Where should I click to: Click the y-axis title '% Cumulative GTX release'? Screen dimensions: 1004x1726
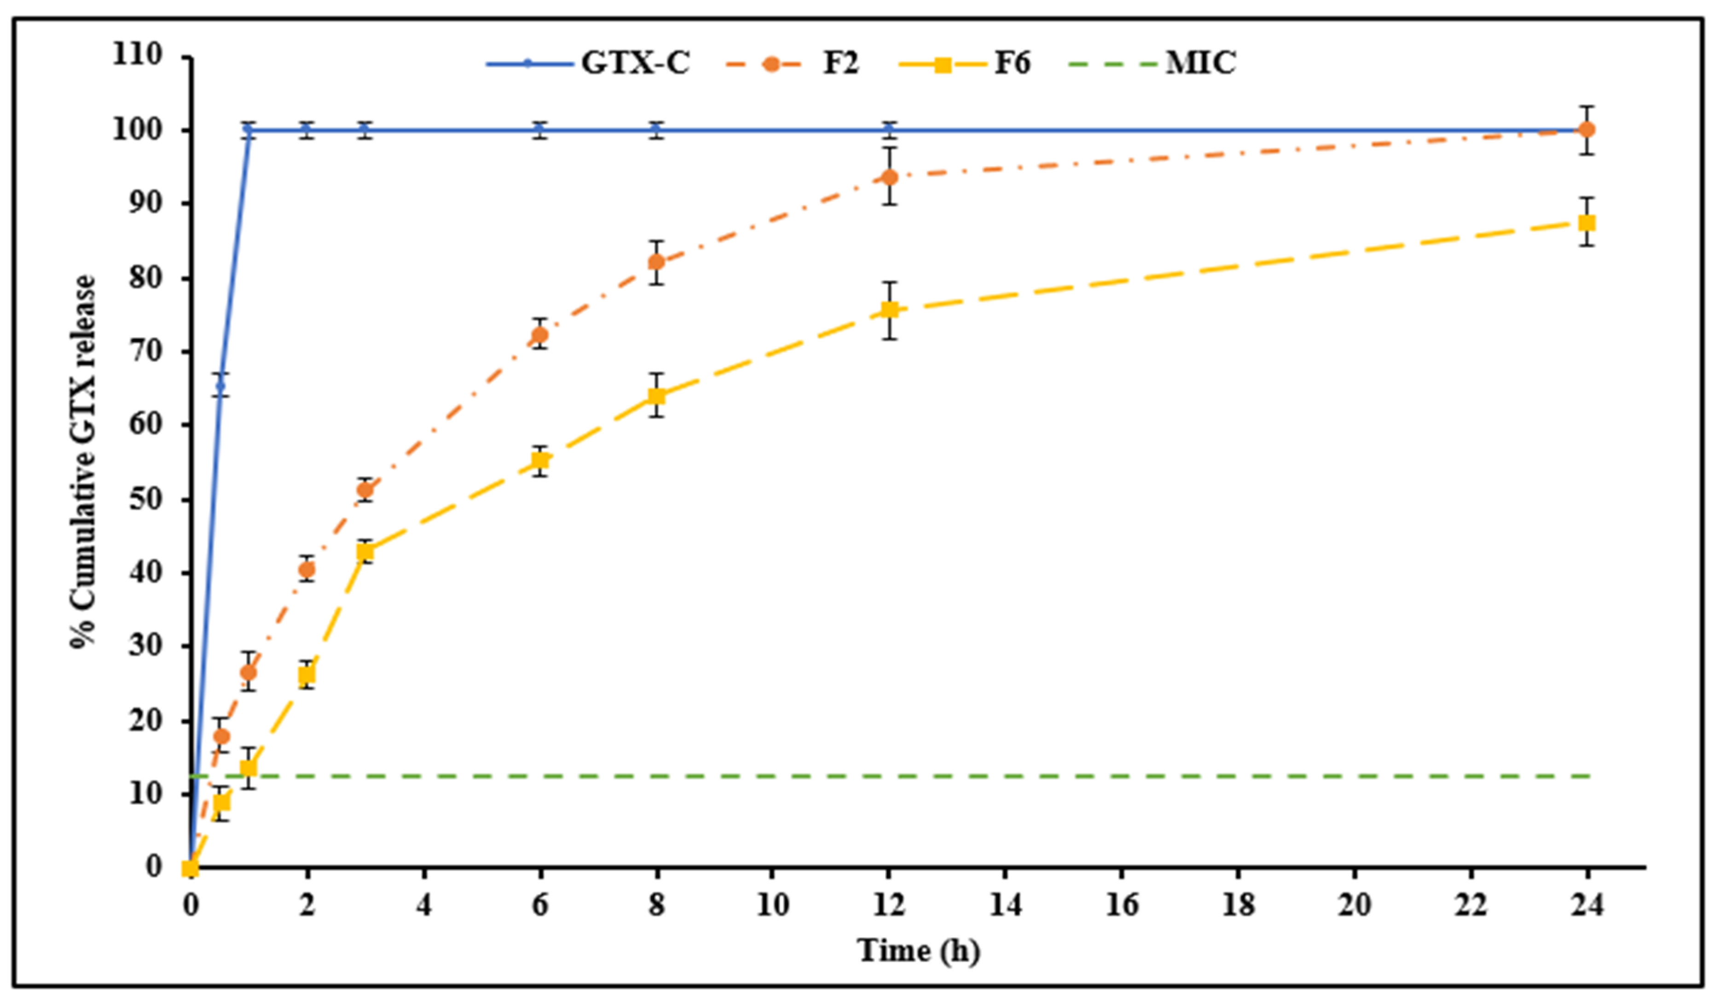(84, 461)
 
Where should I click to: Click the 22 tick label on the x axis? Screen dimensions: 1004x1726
(1471, 906)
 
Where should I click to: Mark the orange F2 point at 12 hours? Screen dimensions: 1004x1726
(889, 177)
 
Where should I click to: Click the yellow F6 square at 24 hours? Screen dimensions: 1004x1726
(1586, 223)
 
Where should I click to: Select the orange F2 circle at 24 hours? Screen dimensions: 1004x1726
(1586, 129)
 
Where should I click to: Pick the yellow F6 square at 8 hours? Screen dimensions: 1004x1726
(656, 397)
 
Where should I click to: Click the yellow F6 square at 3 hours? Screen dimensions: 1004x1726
(365, 551)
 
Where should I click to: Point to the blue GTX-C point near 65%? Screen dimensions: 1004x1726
(220, 386)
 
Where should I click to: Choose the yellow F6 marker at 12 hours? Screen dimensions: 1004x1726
(889, 310)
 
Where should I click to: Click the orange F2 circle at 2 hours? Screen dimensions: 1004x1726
(307, 569)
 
